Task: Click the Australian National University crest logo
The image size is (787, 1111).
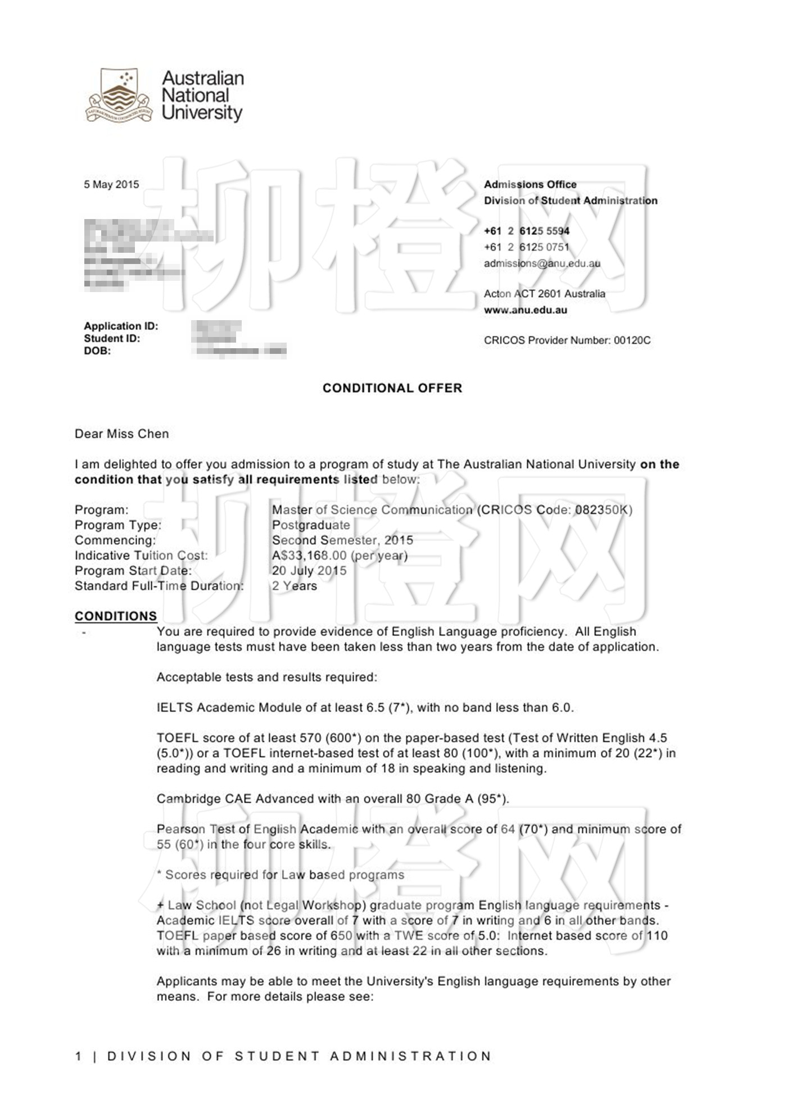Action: (x=119, y=96)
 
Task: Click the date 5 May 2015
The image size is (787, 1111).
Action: (x=111, y=184)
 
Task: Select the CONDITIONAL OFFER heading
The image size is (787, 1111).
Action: (x=392, y=388)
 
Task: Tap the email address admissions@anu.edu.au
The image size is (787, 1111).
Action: (x=542, y=263)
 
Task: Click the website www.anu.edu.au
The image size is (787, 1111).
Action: (x=525, y=310)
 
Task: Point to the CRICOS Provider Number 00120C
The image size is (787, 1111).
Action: (x=567, y=340)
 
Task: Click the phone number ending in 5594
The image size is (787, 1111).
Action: (x=527, y=231)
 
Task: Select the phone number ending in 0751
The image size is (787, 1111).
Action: (x=527, y=247)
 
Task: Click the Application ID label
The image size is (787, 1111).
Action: (x=121, y=326)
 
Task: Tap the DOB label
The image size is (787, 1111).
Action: (x=97, y=351)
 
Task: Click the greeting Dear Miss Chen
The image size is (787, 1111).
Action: (x=121, y=434)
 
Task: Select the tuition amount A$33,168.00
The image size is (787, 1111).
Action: (x=309, y=555)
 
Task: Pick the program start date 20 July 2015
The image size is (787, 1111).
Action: (x=309, y=571)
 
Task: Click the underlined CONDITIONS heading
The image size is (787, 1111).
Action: (x=116, y=616)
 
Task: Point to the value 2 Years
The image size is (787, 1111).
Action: (x=295, y=586)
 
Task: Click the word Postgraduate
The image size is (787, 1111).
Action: (x=311, y=525)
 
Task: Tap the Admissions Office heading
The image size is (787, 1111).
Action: (x=530, y=184)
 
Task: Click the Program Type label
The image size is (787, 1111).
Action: (x=118, y=525)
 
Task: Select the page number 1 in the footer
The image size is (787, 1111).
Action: (x=79, y=1056)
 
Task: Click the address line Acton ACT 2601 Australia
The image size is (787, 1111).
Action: (x=544, y=294)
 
